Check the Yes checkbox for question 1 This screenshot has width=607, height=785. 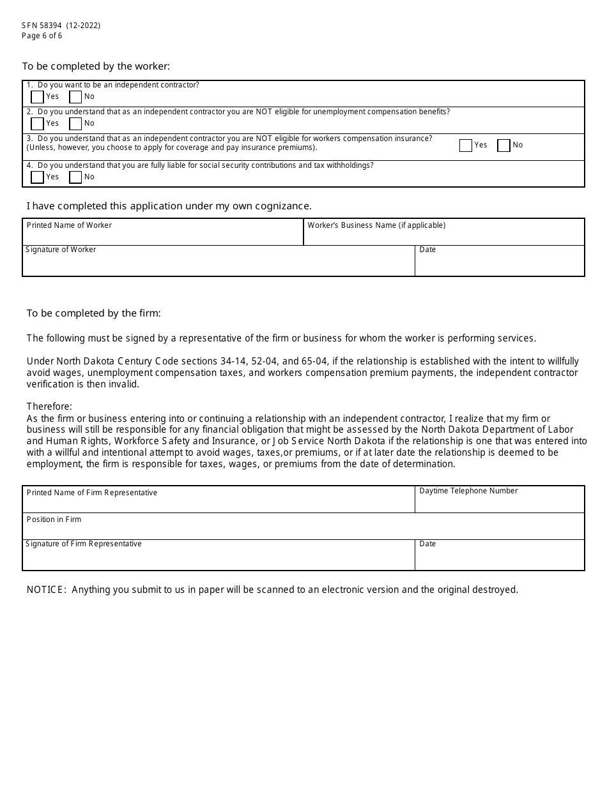(x=37, y=97)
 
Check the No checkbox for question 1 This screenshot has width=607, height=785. (x=75, y=97)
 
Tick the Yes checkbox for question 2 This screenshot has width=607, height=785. (x=37, y=124)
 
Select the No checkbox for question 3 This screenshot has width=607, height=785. (x=503, y=146)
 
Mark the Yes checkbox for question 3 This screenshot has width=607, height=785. (x=465, y=146)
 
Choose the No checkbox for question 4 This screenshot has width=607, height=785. (x=75, y=177)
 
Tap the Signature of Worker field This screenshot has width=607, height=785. (x=219, y=264)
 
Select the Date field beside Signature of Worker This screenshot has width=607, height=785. (x=499, y=264)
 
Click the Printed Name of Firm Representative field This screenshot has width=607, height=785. (x=219, y=503)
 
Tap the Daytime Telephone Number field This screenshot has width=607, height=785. (x=499, y=503)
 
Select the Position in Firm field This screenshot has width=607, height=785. (x=303, y=530)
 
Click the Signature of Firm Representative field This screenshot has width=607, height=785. (x=219, y=558)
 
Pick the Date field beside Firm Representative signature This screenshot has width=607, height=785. (x=499, y=558)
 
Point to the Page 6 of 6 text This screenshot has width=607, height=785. (x=42, y=36)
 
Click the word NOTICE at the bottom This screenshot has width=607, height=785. (x=46, y=590)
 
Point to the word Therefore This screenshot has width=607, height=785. (x=49, y=407)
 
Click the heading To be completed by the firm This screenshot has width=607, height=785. (x=93, y=313)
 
